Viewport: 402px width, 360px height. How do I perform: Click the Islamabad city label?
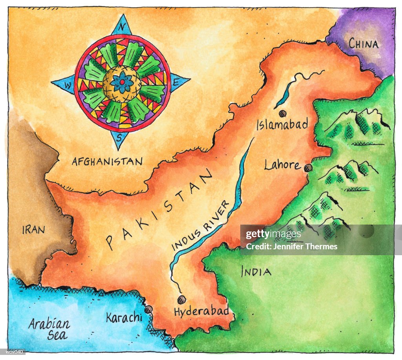pos(282,125)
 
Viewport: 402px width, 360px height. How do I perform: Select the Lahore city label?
pos(282,165)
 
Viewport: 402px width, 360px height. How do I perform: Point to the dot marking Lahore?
pos(308,168)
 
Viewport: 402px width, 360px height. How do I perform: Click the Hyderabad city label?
pos(201,312)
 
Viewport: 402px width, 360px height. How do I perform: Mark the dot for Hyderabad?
pos(181,300)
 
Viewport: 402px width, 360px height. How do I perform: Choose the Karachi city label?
pos(124,317)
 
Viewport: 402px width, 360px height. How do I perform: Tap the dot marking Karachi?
pos(148,310)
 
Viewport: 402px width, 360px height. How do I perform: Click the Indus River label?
pos(201,225)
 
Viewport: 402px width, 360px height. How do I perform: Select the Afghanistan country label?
pos(107,161)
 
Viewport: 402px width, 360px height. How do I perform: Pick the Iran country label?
pos(33,230)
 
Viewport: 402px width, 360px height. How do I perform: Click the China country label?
pos(364,44)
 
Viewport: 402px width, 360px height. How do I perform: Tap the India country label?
pos(256,271)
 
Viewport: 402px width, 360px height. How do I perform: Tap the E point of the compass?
pos(177,82)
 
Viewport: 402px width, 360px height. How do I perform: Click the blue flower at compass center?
pos(122,83)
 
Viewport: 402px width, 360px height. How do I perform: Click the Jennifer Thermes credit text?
pos(291,247)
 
